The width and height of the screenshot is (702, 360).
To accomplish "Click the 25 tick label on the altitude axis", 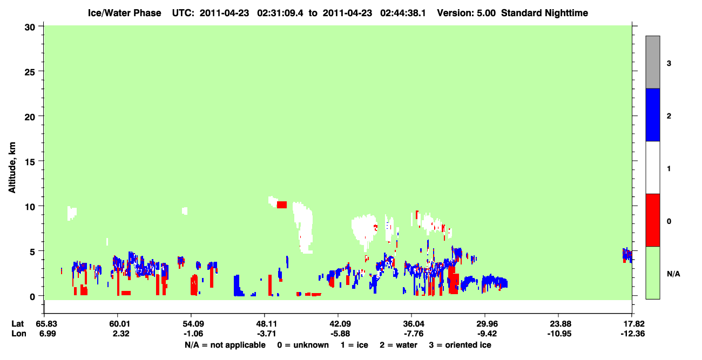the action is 30,72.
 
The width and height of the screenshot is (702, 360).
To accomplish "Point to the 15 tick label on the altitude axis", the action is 30,162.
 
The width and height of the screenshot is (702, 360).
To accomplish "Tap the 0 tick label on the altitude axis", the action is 32,297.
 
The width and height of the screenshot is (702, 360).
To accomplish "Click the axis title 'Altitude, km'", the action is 12,168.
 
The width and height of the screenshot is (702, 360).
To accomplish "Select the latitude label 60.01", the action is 119,324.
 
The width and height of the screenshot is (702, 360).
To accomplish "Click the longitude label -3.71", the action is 266,334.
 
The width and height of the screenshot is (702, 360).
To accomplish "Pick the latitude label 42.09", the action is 340,324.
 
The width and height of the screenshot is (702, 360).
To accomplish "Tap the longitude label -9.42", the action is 487,334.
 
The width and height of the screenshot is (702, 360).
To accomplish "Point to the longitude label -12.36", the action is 633,334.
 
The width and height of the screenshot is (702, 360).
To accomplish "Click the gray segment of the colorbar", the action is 653,62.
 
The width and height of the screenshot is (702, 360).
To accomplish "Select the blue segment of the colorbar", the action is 653,114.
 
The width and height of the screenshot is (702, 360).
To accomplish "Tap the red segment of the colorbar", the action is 653,220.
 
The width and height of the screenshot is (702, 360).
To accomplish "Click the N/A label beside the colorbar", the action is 673,274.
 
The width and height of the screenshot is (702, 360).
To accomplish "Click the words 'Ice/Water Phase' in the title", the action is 124,13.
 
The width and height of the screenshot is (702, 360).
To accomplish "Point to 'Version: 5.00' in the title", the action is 467,13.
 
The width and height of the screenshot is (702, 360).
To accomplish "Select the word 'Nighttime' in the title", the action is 566,13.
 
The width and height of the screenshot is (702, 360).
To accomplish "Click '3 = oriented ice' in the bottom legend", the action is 460,345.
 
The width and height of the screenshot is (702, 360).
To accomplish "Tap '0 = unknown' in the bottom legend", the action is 303,345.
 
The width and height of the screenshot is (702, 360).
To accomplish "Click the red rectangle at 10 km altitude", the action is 282,205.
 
